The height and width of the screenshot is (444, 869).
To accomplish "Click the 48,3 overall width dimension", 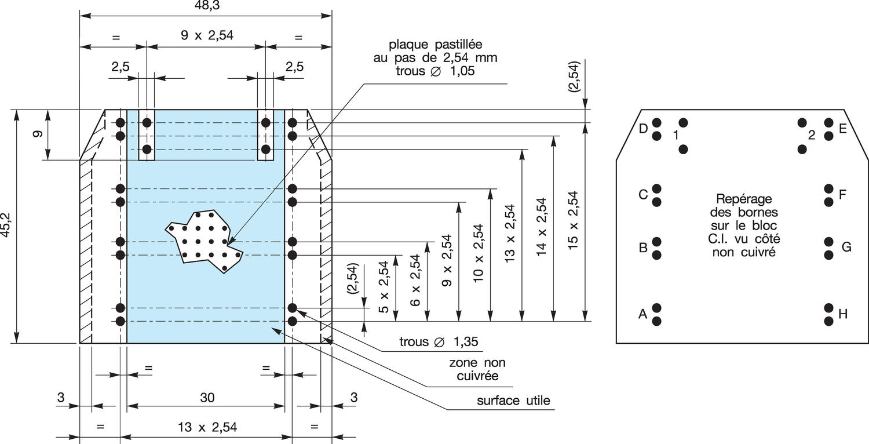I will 205,5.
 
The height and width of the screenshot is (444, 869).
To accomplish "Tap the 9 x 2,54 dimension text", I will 207,35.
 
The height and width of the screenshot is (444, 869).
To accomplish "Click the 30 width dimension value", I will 207,397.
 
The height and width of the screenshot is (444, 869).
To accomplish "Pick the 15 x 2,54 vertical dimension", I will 574,220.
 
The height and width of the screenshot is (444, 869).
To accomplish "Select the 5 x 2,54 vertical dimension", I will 384,287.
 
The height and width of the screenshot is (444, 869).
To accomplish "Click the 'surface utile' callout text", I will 513,401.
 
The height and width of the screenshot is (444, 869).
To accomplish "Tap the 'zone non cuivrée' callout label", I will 477,369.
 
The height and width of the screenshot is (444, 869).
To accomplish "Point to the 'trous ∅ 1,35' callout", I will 439,341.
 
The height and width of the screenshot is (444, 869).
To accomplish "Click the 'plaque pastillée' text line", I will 436,45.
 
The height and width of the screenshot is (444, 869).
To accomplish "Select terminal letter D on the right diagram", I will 643,129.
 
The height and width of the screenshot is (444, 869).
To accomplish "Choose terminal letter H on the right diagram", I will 843,314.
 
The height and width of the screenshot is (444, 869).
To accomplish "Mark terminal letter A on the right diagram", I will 642,314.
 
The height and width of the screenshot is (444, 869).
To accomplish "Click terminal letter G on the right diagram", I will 846,248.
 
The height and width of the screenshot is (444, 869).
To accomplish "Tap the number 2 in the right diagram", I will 812,135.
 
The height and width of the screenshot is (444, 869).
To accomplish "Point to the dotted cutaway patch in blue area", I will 203,241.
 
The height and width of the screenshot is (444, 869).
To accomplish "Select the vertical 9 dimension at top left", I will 38,134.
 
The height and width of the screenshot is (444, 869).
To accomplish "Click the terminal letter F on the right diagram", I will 843,195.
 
